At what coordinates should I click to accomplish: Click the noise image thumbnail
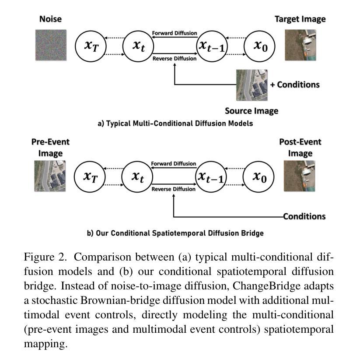coord(51,45)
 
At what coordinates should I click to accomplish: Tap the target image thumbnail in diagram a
coord(301,45)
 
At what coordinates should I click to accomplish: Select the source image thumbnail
coord(252,85)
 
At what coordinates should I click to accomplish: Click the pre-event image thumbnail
coord(50,176)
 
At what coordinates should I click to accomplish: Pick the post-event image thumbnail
coord(300,176)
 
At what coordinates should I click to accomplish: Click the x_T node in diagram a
coord(91,46)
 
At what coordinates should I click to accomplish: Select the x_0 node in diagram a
coord(260,46)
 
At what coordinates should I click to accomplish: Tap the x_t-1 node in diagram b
coord(211,177)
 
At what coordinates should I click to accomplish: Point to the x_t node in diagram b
coord(137,177)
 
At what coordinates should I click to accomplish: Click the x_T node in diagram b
coord(90,177)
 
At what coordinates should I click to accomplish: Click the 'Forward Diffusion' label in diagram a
coord(175,33)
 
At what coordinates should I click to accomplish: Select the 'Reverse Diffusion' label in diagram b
coord(173,189)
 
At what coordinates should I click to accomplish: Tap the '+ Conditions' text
coord(295,85)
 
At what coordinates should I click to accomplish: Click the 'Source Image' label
coord(252,111)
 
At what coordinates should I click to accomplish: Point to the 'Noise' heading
coord(50,19)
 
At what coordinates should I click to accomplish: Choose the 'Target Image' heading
coord(300,19)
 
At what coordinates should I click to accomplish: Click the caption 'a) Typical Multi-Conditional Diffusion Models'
coord(175,123)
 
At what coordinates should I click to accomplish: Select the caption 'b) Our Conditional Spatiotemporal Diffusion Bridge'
coord(175,233)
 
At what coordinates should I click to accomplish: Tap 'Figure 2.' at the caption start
coord(45,257)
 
